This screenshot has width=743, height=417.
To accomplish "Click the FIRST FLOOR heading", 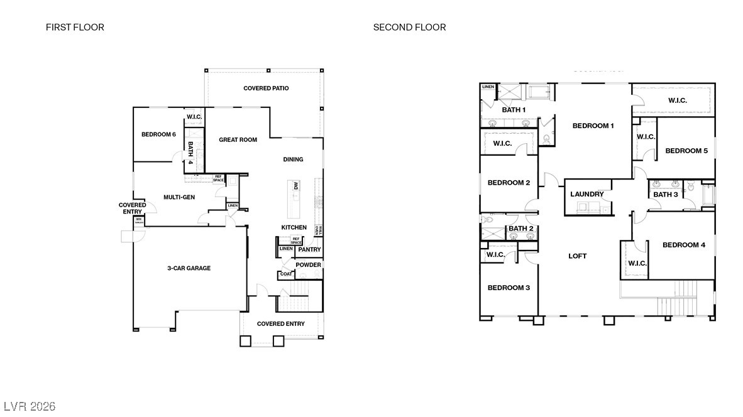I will (x=75, y=27).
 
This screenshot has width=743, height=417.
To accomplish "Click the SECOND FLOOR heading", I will (x=409, y=27).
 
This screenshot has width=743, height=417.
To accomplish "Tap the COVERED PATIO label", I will (x=266, y=89).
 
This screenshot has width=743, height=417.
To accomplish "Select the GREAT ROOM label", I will (x=238, y=139).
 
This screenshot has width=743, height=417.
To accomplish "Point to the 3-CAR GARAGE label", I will (x=189, y=268).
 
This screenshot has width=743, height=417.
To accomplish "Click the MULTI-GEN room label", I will (x=179, y=197).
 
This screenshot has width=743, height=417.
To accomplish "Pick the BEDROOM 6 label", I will (x=158, y=134).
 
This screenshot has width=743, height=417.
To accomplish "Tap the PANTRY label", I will (x=309, y=249).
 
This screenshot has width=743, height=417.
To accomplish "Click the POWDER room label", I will (x=309, y=264).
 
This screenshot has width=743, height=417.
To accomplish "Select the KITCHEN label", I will (x=294, y=227).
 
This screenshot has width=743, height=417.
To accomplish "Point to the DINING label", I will (x=293, y=160).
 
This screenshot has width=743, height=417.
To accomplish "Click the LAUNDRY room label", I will (x=587, y=194).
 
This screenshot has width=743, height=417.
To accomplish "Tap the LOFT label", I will (x=577, y=256).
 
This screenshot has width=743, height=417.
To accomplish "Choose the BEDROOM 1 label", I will (x=593, y=126).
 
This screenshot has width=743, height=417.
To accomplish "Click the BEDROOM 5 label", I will (x=686, y=151).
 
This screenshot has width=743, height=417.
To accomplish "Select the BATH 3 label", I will (x=666, y=195).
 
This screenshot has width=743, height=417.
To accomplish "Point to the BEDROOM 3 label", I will (x=509, y=288).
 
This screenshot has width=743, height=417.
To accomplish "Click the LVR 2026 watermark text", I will (x=29, y=406).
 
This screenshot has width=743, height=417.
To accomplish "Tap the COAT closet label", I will (x=286, y=274).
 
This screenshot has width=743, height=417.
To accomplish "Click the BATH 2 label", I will (x=520, y=229).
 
